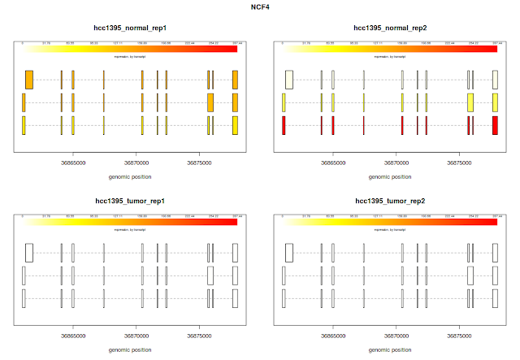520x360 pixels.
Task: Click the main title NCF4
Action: pyautogui.click(x=260, y=7)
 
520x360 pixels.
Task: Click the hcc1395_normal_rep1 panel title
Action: pyautogui.click(x=130, y=28)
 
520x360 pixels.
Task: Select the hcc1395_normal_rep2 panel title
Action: pyautogui.click(x=390, y=28)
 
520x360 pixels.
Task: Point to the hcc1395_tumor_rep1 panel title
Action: pyautogui.click(x=130, y=200)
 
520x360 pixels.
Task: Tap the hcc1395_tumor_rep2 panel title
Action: pyautogui.click(x=390, y=200)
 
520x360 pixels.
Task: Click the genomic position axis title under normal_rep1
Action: pyautogui.click(x=130, y=176)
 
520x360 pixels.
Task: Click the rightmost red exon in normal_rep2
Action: pyautogui.click(x=496, y=125)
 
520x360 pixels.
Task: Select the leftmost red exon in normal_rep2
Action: pyautogui.click(x=284, y=125)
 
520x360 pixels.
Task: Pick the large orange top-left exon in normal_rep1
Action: pyautogui.click(x=29, y=80)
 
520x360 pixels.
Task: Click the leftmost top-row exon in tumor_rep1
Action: pyautogui.click(x=29, y=252)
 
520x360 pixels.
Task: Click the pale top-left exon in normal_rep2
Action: pyautogui.click(x=288, y=80)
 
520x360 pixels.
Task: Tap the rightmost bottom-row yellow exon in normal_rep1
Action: pyautogui.click(x=235, y=125)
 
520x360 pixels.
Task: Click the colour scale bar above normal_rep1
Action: pyautogui.click(x=130, y=49)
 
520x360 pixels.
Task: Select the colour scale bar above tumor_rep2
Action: pyautogui.click(x=390, y=221)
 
